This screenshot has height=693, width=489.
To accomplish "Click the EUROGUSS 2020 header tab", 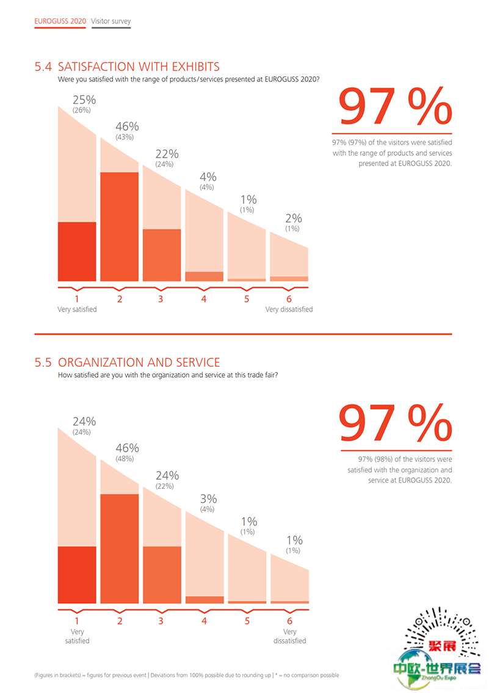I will tap(60, 21).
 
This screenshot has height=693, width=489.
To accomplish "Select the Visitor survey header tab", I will tap(110, 21).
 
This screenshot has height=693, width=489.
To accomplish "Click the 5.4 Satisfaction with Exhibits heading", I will tap(127, 67).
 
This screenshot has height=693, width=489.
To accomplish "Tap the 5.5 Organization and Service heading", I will tap(127, 362).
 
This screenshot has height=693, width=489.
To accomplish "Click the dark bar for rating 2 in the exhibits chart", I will tap(120, 227).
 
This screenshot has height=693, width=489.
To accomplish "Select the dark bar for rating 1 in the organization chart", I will tap(77, 574).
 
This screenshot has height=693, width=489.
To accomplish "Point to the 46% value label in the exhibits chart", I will tap(127, 127).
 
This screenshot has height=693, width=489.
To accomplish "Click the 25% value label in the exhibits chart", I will tap(84, 100).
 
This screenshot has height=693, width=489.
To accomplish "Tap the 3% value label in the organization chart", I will tap(208, 499).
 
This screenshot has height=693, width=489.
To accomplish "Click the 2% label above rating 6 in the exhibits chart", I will tap(294, 218).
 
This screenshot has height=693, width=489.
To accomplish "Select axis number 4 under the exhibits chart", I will tap(204, 299).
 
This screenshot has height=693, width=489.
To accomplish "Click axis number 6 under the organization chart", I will tap(289, 620).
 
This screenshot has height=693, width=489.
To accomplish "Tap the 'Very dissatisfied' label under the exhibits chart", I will tap(289, 309).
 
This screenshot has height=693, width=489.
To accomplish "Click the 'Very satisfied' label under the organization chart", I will tap(77, 636).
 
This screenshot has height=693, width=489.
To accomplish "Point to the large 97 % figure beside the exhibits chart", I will tap(395, 106).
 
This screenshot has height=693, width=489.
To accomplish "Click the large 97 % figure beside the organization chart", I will tap(395, 423).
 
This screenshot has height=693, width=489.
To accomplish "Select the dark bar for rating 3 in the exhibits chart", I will tap(162, 255).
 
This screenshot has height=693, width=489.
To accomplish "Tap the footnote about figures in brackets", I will tap(186, 675).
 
